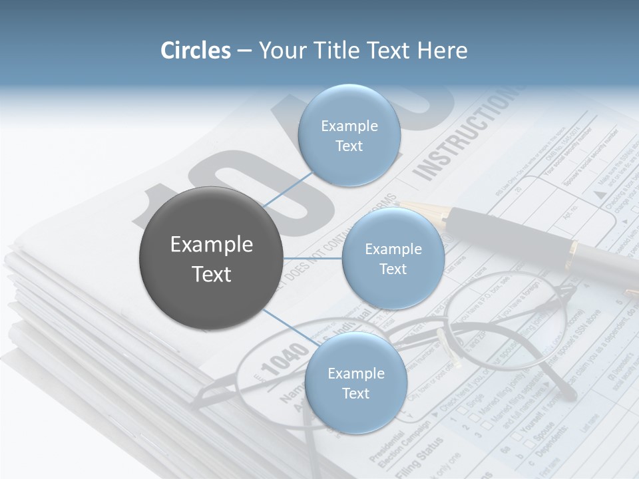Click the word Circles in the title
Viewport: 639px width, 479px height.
[196, 51]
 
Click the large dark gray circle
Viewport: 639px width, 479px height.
[211, 258]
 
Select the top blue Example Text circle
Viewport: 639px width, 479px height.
[349, 135]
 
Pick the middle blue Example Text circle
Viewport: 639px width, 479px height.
[393, 258]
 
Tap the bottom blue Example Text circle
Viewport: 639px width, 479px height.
[355, 383]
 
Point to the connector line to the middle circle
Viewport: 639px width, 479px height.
[312, 258]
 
